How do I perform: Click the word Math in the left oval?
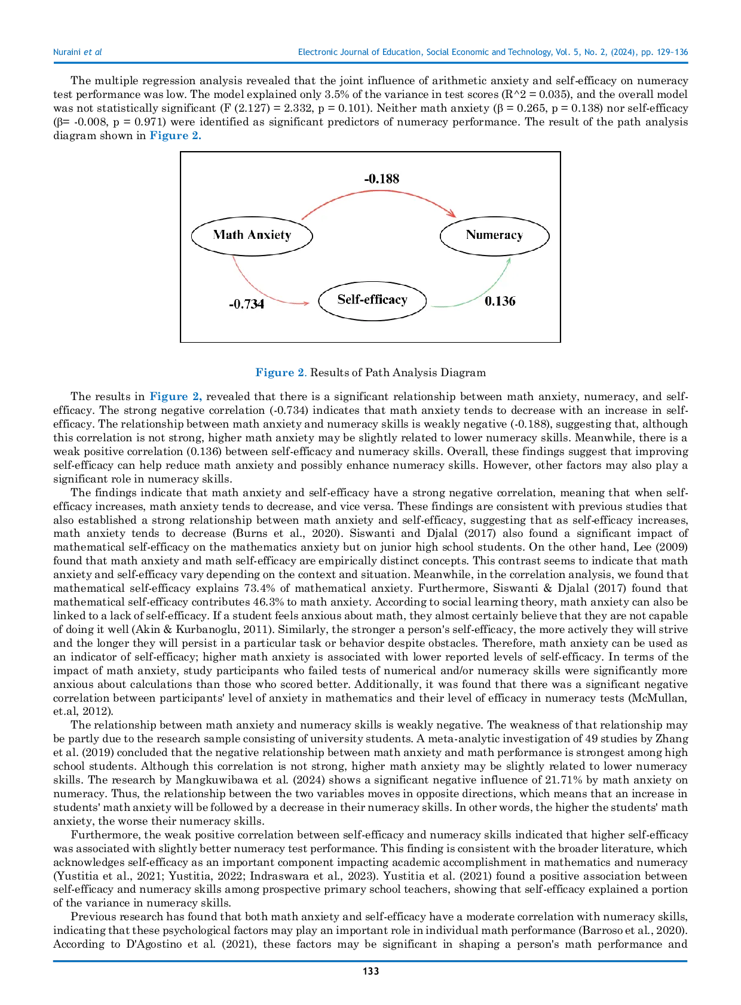tap(228, 235)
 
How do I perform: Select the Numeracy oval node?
tap(494, 235)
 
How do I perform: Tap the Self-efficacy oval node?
tap(372, 300)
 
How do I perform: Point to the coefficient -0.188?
tap(381, 179)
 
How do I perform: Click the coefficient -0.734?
tap(246, 304)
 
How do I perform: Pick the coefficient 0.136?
tap(500, 301)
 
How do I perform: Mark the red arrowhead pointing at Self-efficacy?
tap(306, 303)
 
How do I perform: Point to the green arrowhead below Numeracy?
tap(509, 260)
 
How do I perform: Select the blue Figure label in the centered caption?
tap(281, 373)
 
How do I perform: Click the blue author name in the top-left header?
tap(78, 53)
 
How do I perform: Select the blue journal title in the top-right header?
tap(492, 53)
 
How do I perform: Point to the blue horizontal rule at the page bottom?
tap(370, 962)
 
